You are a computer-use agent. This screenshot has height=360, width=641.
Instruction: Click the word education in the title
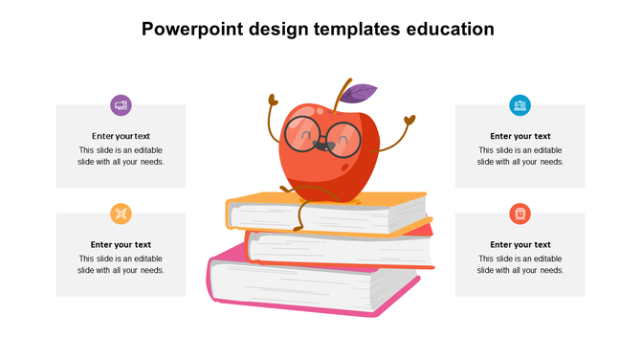448,30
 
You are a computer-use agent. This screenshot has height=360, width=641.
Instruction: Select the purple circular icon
121,104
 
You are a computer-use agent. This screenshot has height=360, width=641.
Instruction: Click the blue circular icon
519,104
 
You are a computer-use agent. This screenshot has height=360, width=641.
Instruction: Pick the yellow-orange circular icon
121,214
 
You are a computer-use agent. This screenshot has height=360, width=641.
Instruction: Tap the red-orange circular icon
519,214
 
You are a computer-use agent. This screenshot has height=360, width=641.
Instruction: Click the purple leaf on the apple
359,93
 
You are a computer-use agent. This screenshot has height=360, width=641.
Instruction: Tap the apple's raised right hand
410,121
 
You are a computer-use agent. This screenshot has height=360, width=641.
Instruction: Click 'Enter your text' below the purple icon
121,136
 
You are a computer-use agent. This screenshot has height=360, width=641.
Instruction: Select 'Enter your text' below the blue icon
519,136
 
